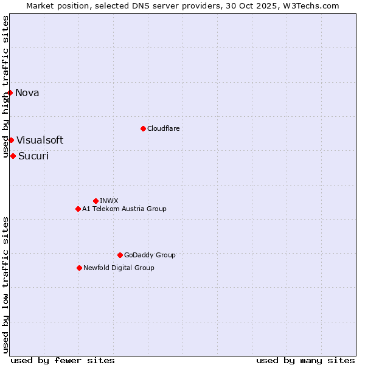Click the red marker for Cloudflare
point(143,128)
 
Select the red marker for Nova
point(10,92)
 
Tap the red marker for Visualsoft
point(11,140)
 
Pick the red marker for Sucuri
point(13,156)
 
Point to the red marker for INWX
point(96,201)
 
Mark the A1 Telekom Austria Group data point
point(78,209)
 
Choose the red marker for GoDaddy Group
point(120,255)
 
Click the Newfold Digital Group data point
point(79,268)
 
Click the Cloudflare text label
point(164,128)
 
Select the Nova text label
point(27,92)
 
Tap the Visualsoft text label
point(40,140)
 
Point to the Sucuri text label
point(33,156)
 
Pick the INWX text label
point(109,201)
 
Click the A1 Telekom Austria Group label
point(124,209)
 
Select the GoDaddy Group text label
point(150,255)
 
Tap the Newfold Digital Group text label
point(119,268)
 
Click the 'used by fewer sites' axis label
point(63,360)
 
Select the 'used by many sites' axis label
point(305,360)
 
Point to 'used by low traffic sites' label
point(5,284)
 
